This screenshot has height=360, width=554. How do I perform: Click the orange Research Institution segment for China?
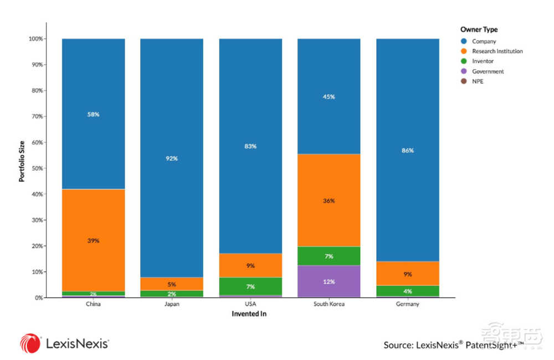(x=93, y=240)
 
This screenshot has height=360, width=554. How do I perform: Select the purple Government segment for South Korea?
(x=329, y=281)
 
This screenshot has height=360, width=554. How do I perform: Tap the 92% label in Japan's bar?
(x=172, y=158)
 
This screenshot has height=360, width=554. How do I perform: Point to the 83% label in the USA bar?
(x=250, y=146)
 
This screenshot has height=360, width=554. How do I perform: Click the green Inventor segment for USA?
(x=250, y=286)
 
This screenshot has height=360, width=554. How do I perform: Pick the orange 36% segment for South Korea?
(x=329, y=200)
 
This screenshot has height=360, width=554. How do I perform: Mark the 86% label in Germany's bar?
(x=407, y=151)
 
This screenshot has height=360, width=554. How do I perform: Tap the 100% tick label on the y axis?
(x=35, y=39)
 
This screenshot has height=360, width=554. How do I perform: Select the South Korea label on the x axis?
(x=329, y=304)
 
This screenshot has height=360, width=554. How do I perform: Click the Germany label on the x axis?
(x=407, y=304)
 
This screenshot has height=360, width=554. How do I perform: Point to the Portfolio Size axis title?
(x=22, y=161)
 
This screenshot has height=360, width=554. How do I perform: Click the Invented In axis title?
(x=249, y=313)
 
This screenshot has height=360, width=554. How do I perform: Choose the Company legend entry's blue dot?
(x=464, y=41)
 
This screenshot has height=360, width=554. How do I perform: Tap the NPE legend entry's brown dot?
(x=464, y=81)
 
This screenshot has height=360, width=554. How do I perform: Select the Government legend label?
(x=488, y=71)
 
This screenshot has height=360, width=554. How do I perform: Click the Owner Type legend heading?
(x=479, y=29)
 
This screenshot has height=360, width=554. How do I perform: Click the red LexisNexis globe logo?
(x=30, y=343)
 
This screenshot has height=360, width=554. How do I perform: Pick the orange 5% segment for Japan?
(x=172, y=284)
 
